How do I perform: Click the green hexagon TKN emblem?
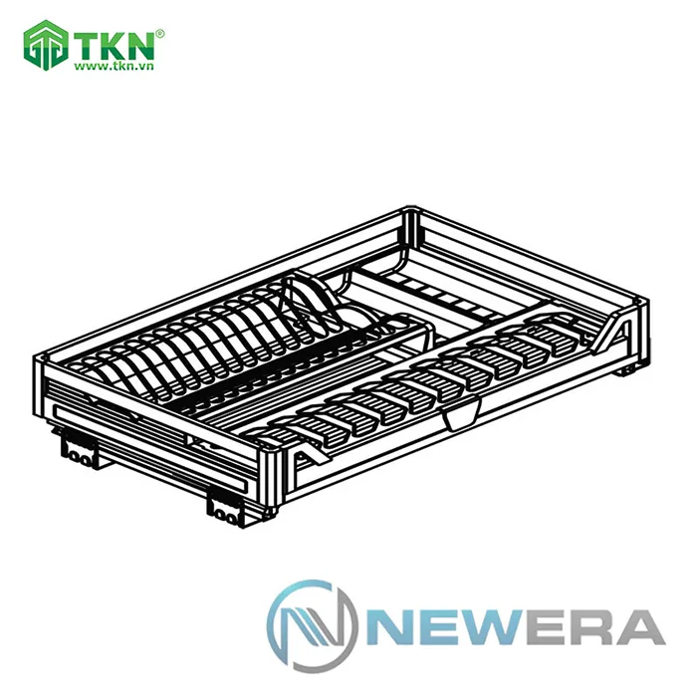tap(44, 46)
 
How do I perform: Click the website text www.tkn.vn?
tap(116, 68)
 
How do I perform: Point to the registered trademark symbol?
tap(161, 33)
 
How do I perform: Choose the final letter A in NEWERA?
tap(638, 626)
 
